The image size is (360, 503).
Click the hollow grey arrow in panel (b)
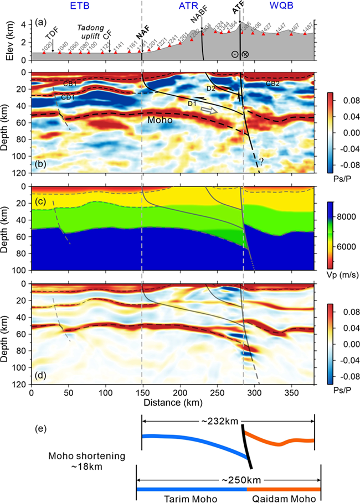209,111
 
